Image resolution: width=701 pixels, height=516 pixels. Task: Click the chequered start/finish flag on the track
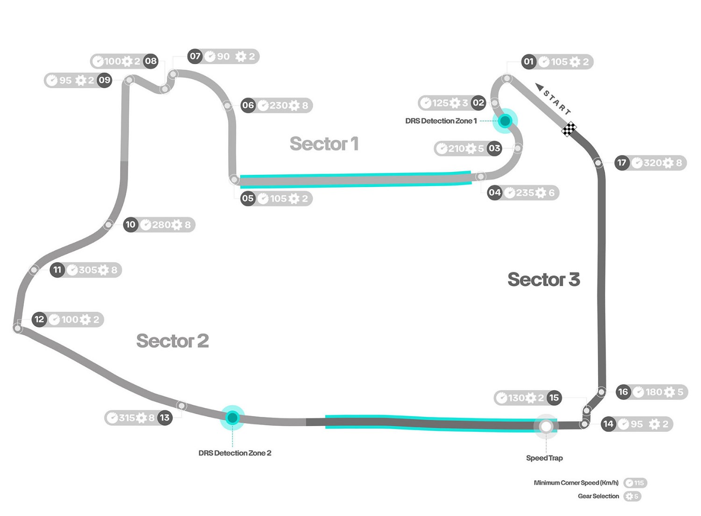click(569, 129)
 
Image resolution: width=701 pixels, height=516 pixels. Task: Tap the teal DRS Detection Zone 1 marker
click(505, 121)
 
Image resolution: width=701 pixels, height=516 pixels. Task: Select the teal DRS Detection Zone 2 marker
click(232, 417)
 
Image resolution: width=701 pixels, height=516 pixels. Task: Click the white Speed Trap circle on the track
click(546, 426)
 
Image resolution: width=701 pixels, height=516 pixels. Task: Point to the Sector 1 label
click(324, 144)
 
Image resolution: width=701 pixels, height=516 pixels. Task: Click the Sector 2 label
click(172, 341)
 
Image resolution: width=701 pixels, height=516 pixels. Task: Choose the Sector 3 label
click(544, 279)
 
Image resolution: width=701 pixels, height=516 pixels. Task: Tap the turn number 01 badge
click(529, 62)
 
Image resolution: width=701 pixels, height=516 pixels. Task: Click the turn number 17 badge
click(622, 163)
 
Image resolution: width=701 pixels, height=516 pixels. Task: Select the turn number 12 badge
click(39, 320)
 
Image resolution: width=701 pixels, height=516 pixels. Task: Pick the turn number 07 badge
click(195, 57)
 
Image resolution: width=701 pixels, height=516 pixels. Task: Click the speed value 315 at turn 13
click(127, 418)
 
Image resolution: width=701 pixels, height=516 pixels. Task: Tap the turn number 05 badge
click(248, 198)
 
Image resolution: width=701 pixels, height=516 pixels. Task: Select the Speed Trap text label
click(544, 458)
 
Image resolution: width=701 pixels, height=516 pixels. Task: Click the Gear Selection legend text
click(598, 496)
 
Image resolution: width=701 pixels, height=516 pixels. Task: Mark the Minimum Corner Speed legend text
click(576, 483)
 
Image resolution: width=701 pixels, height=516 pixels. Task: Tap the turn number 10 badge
click(130, 225)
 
